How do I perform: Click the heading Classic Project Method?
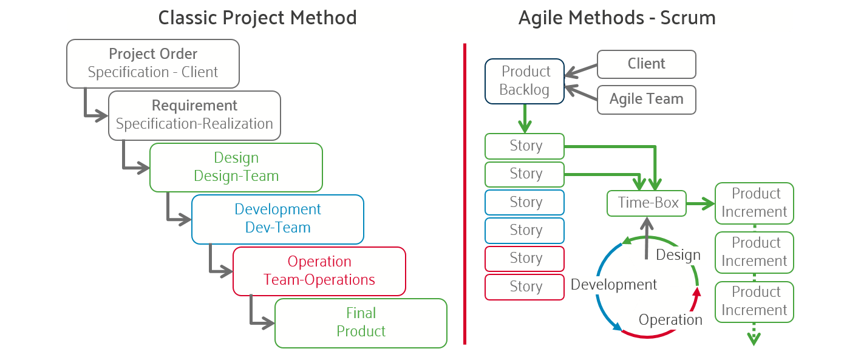257,18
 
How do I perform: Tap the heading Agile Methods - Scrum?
617,18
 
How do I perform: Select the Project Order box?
153,63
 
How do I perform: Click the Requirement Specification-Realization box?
194,115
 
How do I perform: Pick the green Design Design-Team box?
236,167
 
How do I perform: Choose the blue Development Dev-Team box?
278,219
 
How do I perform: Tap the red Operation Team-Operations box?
319,271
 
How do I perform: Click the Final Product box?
361,322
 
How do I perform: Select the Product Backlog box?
525,81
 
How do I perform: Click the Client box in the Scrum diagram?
646,64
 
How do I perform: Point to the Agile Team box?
646,100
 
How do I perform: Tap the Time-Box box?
647,203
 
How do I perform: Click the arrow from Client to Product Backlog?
580,71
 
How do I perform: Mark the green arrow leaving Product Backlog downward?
525,119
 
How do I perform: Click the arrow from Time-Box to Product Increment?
701,205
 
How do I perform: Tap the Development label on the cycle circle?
613,285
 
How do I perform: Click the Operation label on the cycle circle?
670,320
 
